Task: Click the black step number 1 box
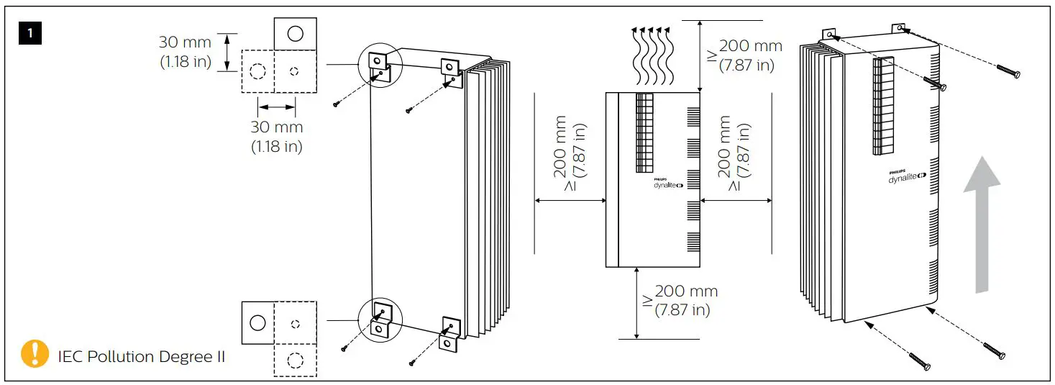pos(31,33)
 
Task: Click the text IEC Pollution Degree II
pos(142,356)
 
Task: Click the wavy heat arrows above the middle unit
pos(652,55)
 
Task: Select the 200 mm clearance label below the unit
pos(680,301)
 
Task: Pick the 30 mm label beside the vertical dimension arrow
pos(186,52)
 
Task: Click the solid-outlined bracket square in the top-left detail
pos(295,33)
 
